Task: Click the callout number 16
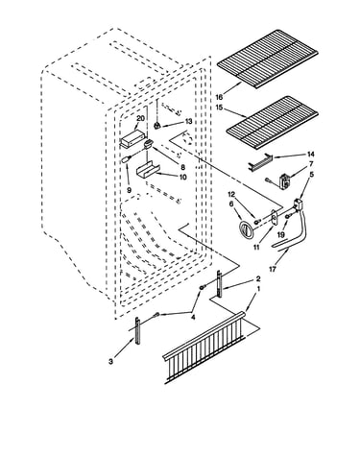click(219, 97)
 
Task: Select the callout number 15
click(219, 108)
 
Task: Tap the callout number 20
click(140, 118)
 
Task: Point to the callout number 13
click(188, 122)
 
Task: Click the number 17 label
click(272, 270)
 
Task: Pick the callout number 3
click(110, 362)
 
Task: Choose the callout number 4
click(193, 317)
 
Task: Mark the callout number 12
click(231, 194)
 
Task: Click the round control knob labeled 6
click(246, 229)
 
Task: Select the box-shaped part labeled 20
click(132, 138)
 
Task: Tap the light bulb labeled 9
click(126, 159)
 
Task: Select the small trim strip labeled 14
click(260, 161)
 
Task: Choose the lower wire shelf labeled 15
click(273, 123)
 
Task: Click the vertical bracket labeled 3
click(138, 330)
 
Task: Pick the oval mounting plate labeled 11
click(275, 217)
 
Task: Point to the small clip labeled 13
click(156, 126)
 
